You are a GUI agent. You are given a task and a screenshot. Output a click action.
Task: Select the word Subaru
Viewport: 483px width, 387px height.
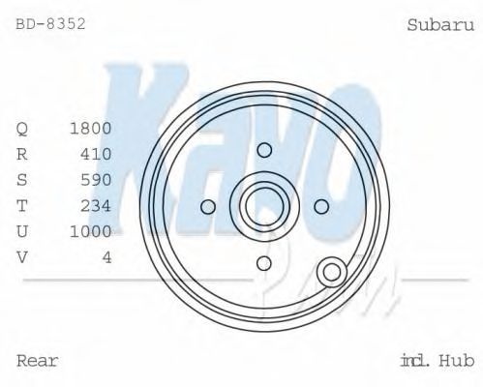[440, 24]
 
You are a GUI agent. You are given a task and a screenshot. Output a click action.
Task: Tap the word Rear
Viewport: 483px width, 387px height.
[38, 361]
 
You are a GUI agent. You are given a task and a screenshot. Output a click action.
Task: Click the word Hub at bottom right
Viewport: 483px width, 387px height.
[455, 361]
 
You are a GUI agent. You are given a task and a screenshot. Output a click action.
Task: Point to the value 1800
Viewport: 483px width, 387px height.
[91, 128]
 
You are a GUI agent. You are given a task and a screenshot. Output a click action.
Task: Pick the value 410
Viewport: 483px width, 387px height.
[96, 154]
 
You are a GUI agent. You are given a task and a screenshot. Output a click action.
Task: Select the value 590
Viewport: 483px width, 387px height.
[96, 180]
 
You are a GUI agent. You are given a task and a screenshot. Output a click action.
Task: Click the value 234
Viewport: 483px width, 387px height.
[96, 205]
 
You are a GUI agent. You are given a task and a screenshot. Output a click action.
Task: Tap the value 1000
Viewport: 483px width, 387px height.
[91, 231]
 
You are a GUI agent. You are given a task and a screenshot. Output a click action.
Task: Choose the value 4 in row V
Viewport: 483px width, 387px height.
[106, 256]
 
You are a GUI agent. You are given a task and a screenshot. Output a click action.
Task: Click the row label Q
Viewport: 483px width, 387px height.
[23, 128]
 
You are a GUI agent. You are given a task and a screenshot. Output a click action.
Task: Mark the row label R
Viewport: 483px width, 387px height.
[23, 154]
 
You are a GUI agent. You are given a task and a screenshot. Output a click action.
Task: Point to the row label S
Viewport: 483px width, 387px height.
[23, 180]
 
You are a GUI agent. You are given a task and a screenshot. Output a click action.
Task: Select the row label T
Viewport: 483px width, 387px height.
[23, 205]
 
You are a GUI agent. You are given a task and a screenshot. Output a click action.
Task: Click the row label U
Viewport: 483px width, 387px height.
[23, 231]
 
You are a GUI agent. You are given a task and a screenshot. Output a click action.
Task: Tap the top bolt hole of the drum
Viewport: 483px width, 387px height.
[264, 149]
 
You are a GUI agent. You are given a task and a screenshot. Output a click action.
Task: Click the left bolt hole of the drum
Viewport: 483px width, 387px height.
[207, 206]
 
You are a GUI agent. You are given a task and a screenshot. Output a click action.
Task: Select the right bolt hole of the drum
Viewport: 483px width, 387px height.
[321, 206]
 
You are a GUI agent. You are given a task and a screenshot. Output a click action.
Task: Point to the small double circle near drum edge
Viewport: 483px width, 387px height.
[333, 273]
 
